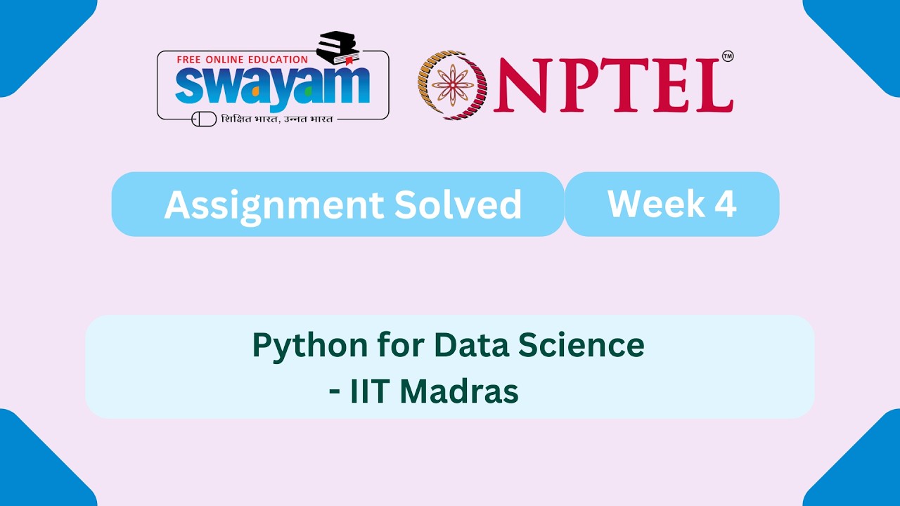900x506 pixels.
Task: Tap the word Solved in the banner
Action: click(x=458, y=205)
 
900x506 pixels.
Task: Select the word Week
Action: click(x=656, y=204)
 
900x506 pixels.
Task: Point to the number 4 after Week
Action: click(x=725, y=204)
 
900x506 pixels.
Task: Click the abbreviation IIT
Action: click(x=369, y=391)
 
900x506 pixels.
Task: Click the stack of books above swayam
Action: click(x=337, y=48)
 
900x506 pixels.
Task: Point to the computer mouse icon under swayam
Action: click(x=204, y=119)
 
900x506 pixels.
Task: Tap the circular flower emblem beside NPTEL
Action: click(x=453, y=85)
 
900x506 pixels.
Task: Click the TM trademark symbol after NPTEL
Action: click(x=727, y=56)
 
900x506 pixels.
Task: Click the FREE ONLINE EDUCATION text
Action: click(x=242, y=60)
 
